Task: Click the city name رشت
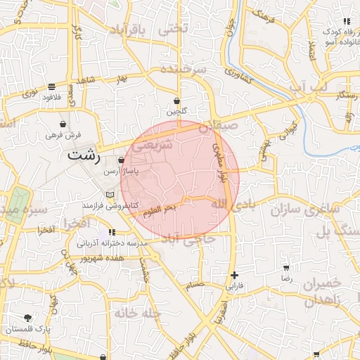coord(84,157)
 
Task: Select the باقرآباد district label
coord(131,30)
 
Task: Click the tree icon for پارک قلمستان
coord(27,318)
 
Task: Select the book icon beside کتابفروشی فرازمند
coord(108,194)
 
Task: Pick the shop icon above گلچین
coord(176,101)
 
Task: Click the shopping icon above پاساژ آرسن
coord(122,160)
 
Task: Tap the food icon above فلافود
coord(52,87)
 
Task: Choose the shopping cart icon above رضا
coord(286,268)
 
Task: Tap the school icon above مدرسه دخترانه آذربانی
coord(111,232)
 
